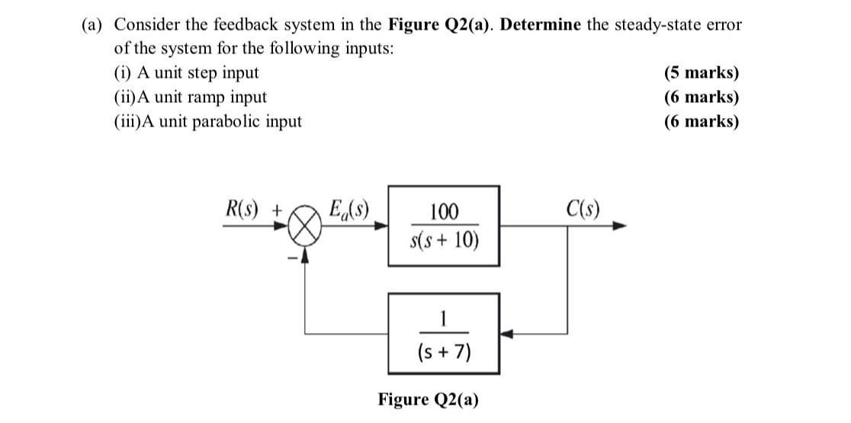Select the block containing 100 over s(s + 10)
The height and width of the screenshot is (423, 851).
[444, 226]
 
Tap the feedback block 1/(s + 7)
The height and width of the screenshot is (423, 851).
[444, 333]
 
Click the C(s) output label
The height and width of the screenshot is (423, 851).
[583, 207]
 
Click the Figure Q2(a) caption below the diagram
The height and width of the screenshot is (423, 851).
[429, 399]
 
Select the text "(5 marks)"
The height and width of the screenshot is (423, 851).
[702, 73]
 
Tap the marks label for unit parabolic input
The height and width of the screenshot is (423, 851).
[702, 121]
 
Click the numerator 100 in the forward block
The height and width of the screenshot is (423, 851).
[445, 211]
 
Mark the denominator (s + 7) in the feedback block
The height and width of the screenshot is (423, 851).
[444, 352]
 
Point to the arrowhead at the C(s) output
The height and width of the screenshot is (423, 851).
[621, 226]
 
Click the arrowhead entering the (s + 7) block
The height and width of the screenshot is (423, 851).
[506, 333]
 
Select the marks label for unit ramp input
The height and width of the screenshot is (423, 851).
[702, 98]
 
